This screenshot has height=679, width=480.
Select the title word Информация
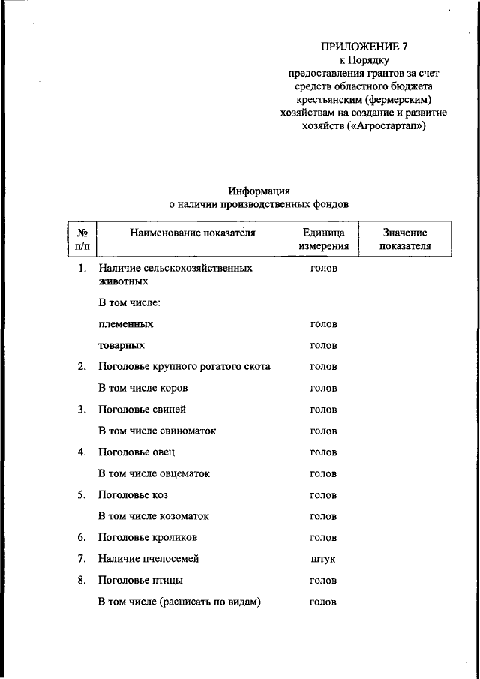tap(259, 191)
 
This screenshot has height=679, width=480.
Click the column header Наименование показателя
tap(193, 233)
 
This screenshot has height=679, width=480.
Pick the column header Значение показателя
tap(405, 239)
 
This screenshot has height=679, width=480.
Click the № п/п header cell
tap(82, 239)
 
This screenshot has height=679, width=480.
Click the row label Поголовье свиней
tap(142, 410)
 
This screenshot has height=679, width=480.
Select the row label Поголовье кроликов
tap(148, 538)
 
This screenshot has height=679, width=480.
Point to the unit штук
tap(323, 559)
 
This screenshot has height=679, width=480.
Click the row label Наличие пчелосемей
tap(148, 559)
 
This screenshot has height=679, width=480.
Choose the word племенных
tap(126, 324)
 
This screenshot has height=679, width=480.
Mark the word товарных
tap(121, 346)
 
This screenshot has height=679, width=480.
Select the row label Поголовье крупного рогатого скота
tap(184, 367)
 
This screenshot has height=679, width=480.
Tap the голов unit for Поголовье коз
tap(323, 495)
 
